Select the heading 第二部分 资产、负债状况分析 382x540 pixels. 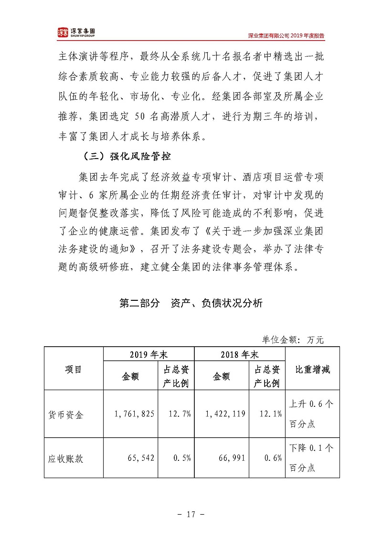pos(191,304)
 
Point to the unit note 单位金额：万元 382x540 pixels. pos(293,340)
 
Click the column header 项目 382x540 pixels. pos(73,369)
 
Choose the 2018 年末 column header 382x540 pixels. pos(239,355)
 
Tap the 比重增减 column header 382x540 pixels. pos(312,369)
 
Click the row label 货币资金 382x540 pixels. pos(66,414)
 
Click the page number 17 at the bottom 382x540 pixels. pos(191,514)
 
